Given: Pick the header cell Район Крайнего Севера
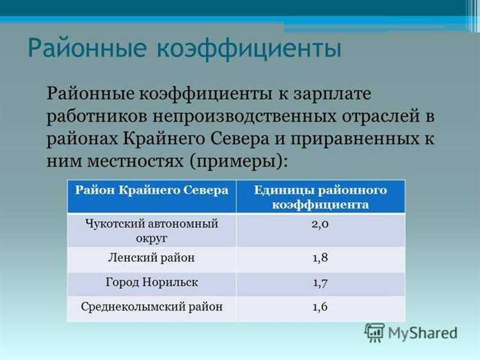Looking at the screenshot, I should coord(152,191).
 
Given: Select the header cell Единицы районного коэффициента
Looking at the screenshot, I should coord(320,197).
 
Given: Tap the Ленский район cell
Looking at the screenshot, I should coord(152,259).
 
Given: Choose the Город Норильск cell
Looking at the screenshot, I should coord(152,282).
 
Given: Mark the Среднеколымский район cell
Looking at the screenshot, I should coord(152,307).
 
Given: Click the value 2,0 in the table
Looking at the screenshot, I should coord(320,225).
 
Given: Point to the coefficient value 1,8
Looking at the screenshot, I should coord(320,259).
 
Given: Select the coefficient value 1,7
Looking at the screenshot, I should coord(320,282).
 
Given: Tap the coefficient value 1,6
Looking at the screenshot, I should coord(320,307).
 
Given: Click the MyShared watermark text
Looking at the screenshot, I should coord(422,333).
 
